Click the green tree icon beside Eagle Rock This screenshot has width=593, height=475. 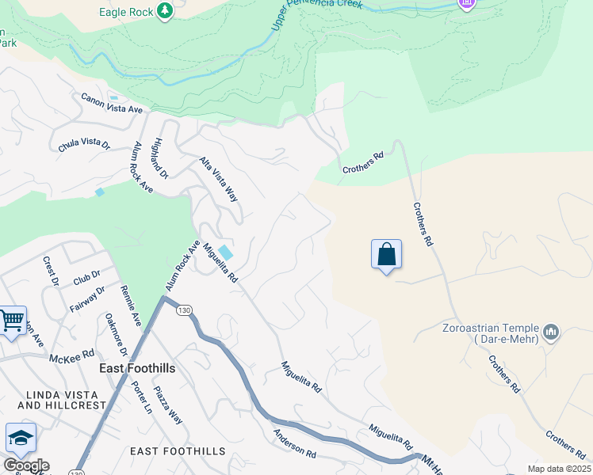coord(164,11)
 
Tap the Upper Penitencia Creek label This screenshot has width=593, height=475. coord(317,13)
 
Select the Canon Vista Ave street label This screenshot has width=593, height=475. coord(111,101)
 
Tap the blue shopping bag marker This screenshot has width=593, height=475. coord(386,255)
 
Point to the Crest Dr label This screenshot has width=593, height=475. coord(51,272)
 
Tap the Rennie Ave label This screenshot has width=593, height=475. coord(131,306)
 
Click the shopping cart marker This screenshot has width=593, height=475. coord(11,321)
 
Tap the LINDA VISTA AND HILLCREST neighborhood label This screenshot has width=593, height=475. coord(61,400)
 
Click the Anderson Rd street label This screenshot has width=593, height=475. coord(295,443)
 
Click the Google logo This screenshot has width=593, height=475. coord(26,465)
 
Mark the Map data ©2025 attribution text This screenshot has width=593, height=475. coord(559,469)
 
